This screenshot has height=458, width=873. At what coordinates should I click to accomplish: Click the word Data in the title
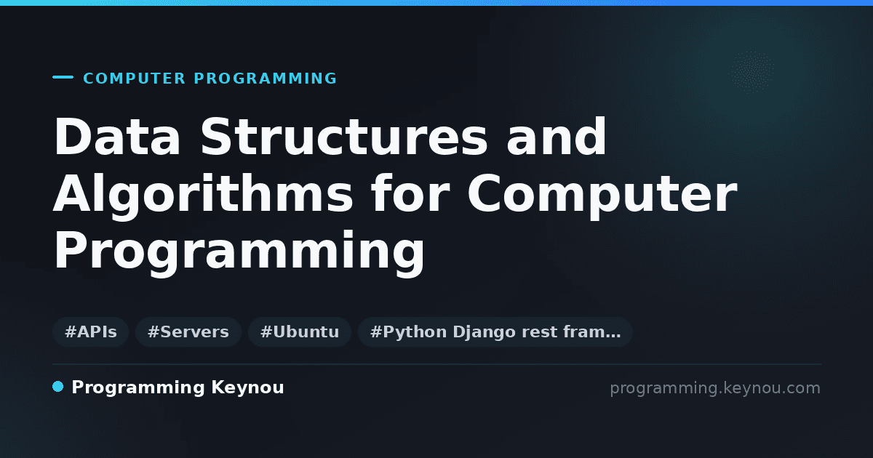tap(117, 137)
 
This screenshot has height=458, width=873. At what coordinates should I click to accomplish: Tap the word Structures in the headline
tap(344, 137)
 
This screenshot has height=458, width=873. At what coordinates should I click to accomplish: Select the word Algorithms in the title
tap(203, 193)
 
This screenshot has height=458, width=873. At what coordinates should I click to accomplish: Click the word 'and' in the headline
tap(557, 137)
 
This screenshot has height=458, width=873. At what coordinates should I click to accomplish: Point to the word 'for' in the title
tap(410, 193)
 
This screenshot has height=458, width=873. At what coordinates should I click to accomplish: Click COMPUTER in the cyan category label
tap(134, 79)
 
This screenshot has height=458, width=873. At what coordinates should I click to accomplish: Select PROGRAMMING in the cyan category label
tap(265, 79)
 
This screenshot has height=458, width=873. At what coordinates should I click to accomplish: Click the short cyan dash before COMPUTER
tap(63, 77)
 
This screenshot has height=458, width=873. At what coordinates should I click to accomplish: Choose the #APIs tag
tap(90, 332)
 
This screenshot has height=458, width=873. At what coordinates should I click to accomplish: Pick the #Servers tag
tap(188, 332)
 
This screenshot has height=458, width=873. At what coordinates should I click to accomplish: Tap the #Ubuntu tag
tap(300, 332)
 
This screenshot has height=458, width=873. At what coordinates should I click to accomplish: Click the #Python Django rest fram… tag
tap(495, 332)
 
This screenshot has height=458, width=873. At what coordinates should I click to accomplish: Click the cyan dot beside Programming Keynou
tap(57, 387)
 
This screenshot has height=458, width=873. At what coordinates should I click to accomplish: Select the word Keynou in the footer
tap(247, 387)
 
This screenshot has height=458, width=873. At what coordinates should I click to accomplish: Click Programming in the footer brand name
tap(138, 388)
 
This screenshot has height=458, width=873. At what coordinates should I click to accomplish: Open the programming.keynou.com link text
tap(715, 388)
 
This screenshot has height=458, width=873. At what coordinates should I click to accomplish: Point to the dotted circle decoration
tap(752, 73)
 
